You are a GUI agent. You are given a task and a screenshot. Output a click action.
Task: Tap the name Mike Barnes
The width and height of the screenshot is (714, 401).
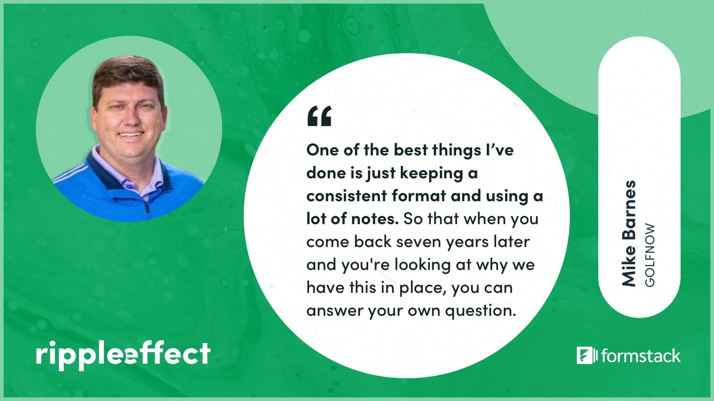coord(628,233)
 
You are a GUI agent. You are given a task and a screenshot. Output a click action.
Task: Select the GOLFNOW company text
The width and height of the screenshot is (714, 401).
coord(649,255)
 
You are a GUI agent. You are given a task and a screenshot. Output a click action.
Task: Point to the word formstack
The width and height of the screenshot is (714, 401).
coord(641,356)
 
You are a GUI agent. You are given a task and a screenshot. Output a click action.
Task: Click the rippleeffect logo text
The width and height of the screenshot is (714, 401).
coord(123,354)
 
